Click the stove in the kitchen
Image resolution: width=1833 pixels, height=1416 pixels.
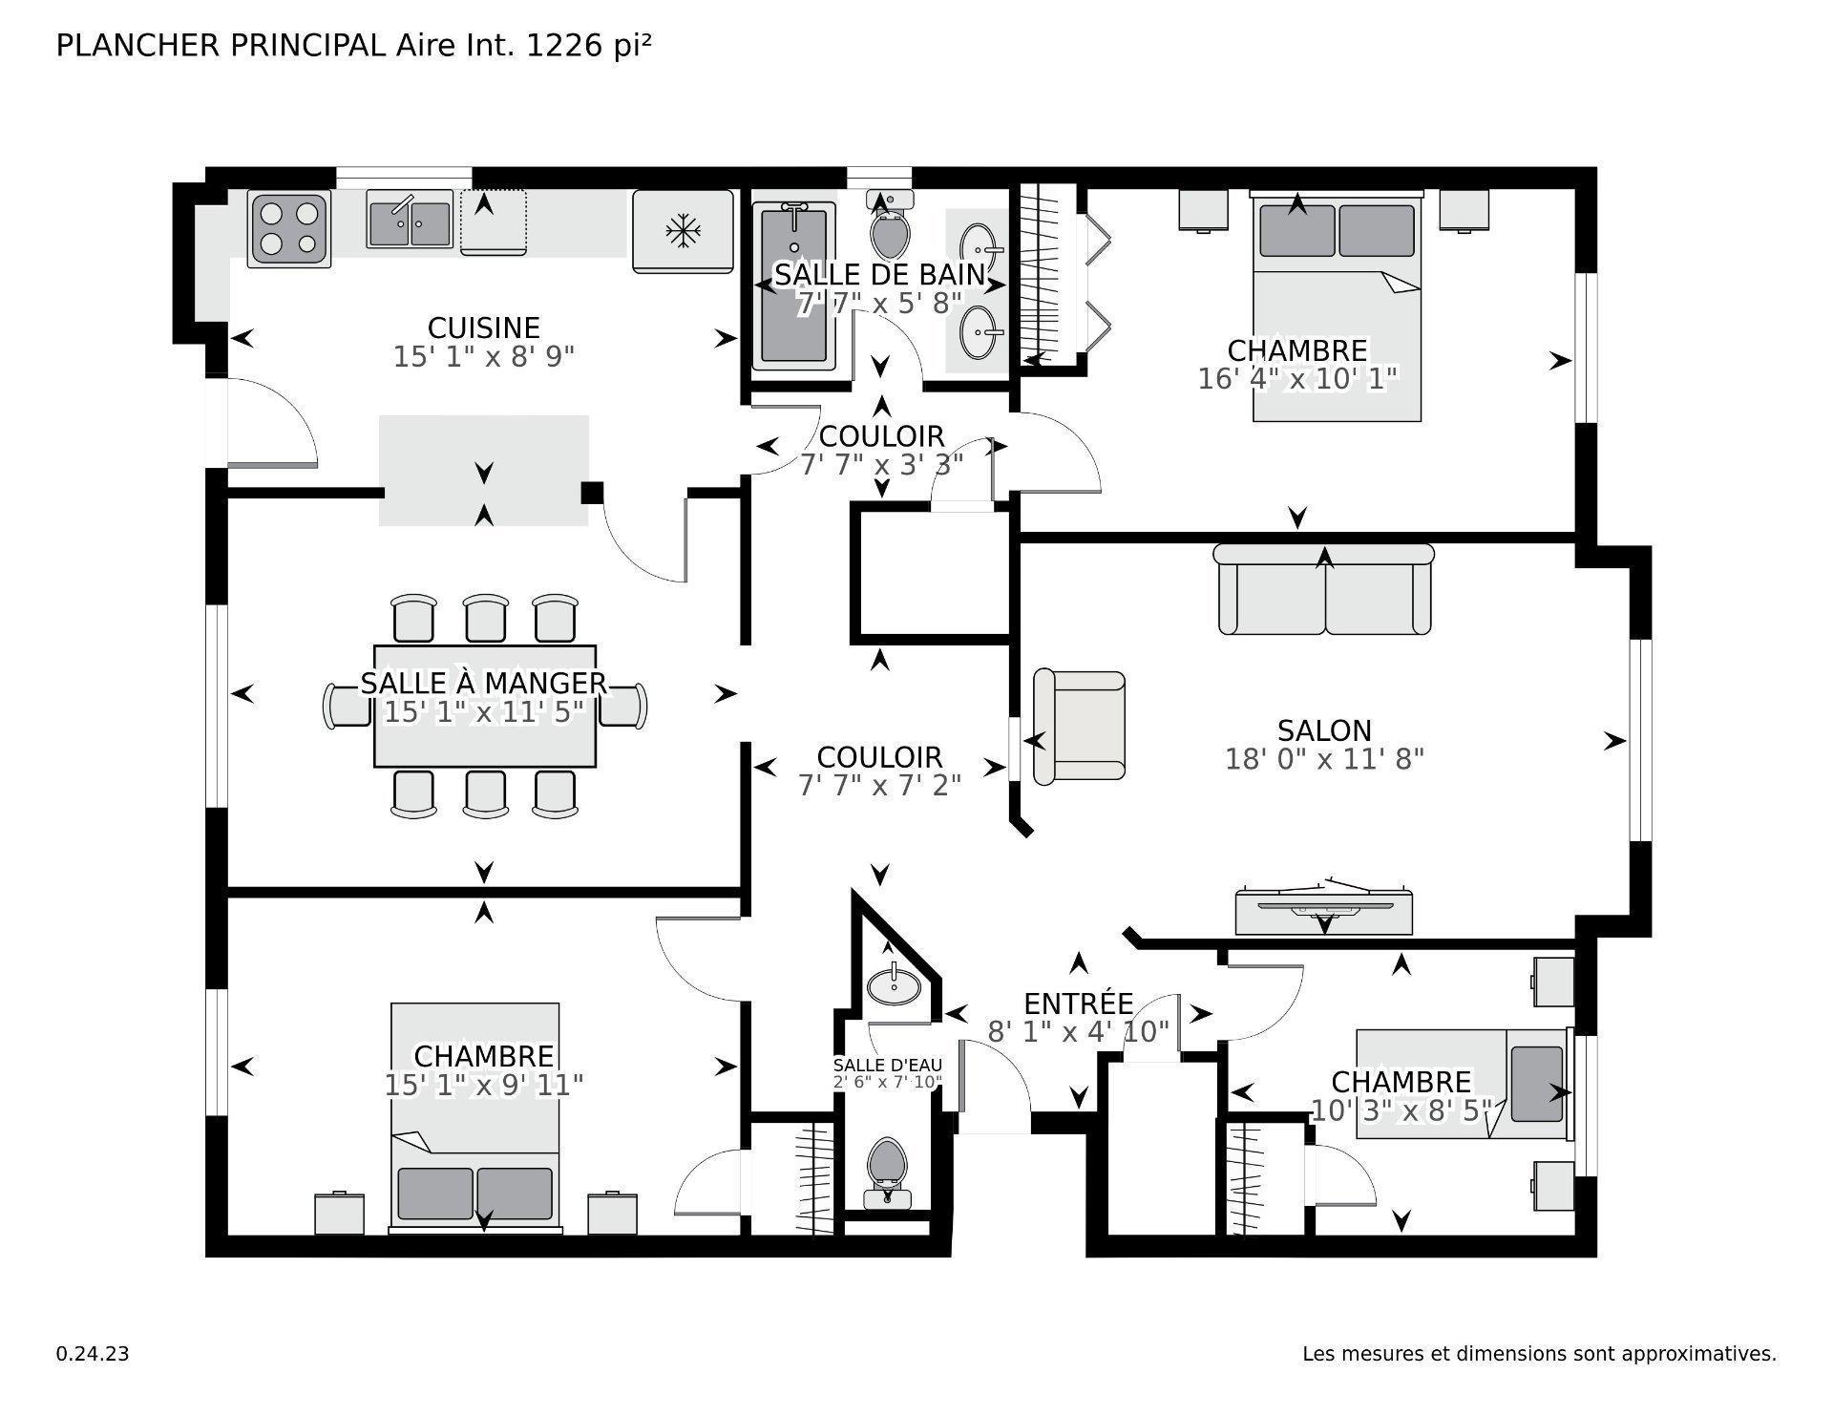click(x=289, y=228)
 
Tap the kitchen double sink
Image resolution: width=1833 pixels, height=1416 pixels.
click(x=410, y=221)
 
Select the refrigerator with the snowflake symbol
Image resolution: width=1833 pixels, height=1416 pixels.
click(x=683, y=231)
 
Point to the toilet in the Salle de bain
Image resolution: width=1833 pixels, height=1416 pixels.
click(x=890, y=228)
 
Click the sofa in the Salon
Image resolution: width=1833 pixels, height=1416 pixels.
click(x=1324, y=590)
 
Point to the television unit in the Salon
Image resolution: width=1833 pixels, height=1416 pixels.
click(x=1324, y=912)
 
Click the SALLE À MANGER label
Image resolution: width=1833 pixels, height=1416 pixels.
click(x=483, y=684)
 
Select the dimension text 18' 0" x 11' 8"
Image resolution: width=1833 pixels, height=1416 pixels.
click(x=1324, y=760)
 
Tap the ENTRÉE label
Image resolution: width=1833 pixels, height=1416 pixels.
click(x=1078, y=1004)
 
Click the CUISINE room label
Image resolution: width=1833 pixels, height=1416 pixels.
click(x=483, y=328)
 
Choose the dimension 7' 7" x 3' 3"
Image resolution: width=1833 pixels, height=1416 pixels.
click(x=880, y=465)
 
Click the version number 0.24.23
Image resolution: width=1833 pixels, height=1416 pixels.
click(x=93, y=1354)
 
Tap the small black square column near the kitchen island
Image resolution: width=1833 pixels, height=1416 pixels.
click(x=592, y=493)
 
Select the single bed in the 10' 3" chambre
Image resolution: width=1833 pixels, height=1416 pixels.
click(x=1461, y=1084)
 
